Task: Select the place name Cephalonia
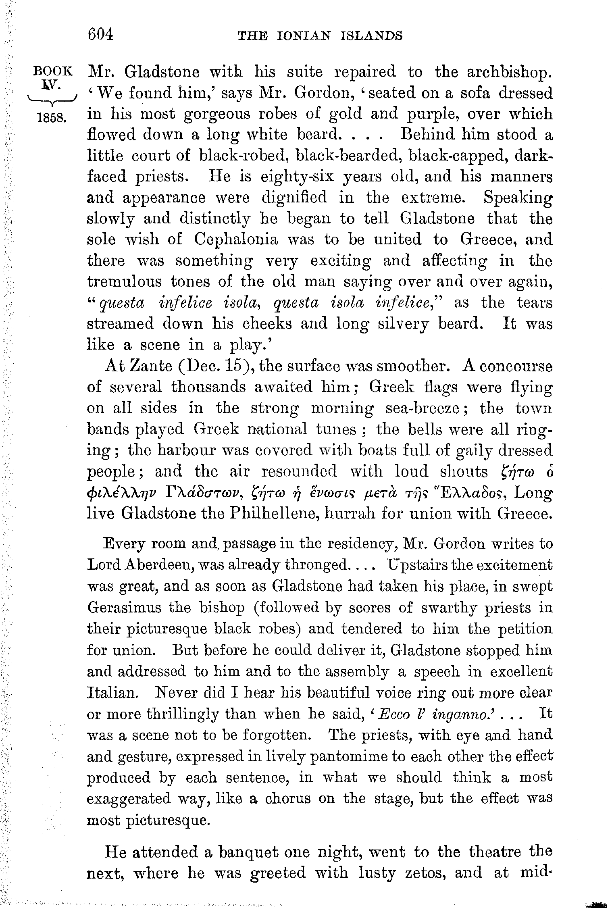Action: coord(236,239)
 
